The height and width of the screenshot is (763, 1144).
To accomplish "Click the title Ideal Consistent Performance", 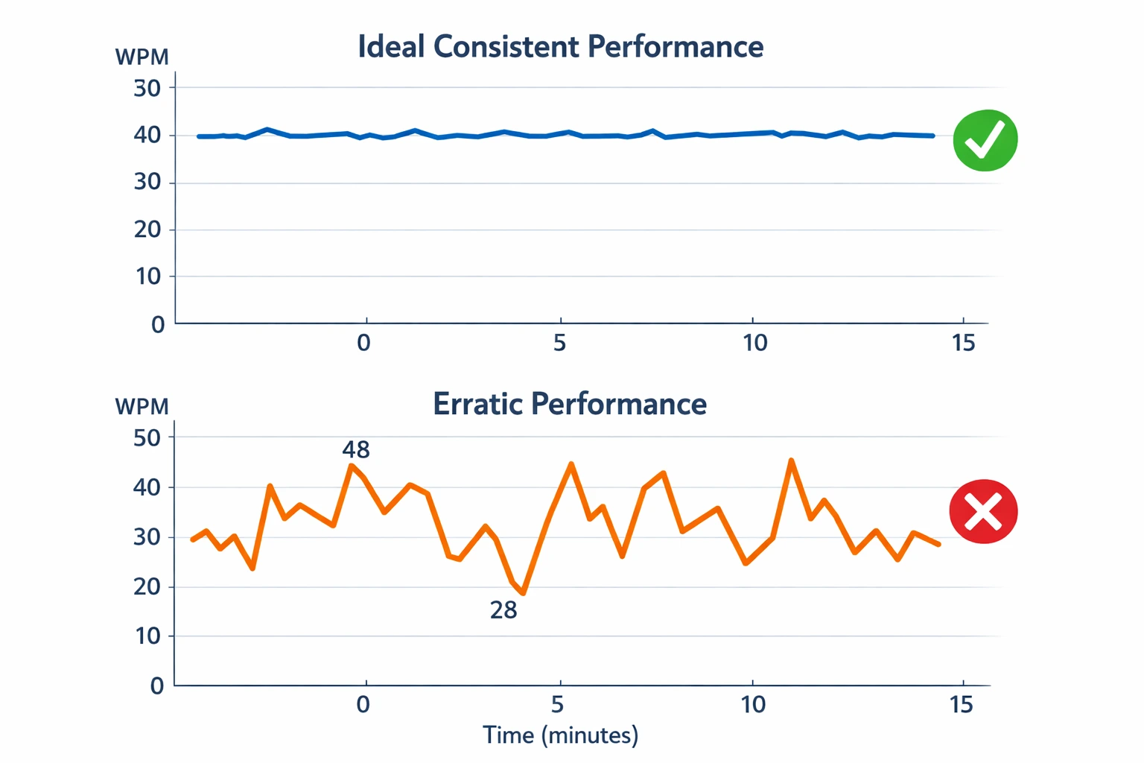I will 560,46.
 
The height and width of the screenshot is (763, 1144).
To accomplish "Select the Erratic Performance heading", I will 570,404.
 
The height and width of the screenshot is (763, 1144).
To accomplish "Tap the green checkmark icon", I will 985,140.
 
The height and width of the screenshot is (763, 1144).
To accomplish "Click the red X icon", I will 983,511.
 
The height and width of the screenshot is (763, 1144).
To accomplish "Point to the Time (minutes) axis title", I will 560,735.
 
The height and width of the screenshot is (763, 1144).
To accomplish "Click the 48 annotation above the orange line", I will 356,449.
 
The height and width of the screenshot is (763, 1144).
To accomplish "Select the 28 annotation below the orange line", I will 503,610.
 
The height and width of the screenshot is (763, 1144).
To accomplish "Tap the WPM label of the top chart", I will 142,57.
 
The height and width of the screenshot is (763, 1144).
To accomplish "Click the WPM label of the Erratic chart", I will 142,406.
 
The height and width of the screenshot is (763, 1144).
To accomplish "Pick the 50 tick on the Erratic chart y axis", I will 147,437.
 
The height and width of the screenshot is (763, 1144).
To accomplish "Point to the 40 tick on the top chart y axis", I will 147,135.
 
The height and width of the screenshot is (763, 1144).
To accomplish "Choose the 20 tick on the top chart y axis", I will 147,229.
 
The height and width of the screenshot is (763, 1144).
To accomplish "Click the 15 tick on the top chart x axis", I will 963,343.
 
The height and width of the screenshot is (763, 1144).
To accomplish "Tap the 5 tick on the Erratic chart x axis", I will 557,704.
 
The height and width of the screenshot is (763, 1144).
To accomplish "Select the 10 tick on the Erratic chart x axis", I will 753,704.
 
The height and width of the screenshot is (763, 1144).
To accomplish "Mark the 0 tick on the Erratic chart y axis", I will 156,686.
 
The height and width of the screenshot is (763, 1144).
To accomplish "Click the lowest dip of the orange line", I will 524,593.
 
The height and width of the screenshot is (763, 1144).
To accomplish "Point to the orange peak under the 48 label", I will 351,466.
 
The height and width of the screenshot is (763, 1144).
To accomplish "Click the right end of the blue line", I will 932,136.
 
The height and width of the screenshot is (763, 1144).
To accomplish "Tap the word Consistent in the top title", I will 506,46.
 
